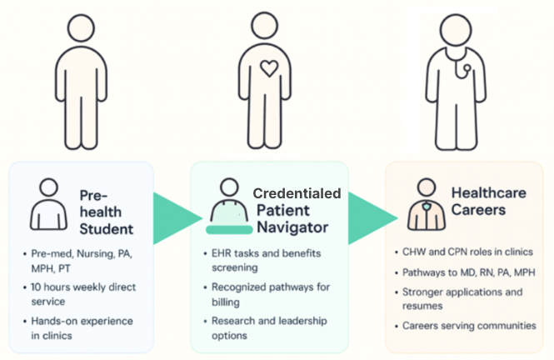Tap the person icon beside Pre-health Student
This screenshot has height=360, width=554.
point(49,203)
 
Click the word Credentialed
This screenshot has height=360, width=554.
point(297,192)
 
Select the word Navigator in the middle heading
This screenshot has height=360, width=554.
point(293,226)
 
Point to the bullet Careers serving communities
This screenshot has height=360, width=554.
point(468,326)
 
